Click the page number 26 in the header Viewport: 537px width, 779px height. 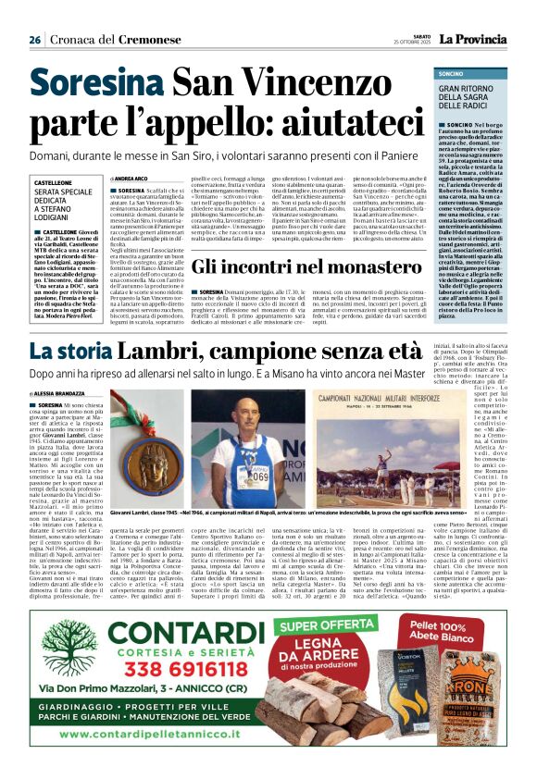click(34, 40)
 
